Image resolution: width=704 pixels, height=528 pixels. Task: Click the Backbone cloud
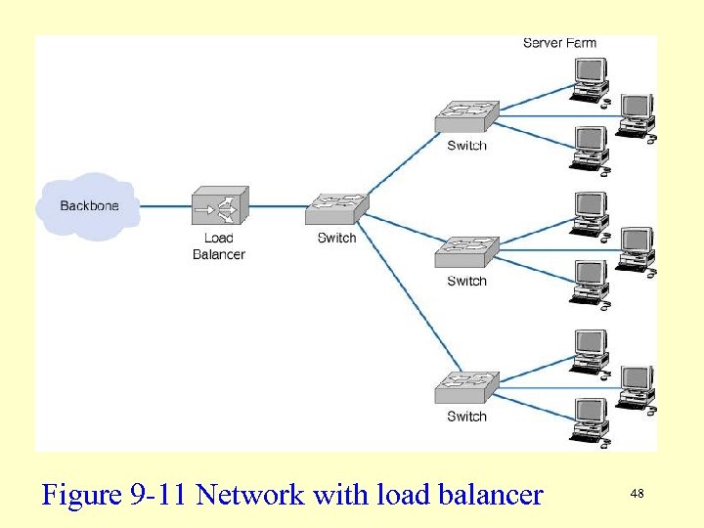88,205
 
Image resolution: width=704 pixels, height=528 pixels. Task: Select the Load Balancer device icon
219,206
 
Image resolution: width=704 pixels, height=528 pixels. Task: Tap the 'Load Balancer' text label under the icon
219,246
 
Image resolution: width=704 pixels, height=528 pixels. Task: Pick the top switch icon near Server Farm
465,116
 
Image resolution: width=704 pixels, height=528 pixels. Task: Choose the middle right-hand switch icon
465,252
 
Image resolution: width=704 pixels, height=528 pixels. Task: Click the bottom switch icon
465,387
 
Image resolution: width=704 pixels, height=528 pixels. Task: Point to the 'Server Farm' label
559,42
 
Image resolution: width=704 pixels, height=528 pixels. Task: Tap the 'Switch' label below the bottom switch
466,417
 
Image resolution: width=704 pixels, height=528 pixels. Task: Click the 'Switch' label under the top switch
466,146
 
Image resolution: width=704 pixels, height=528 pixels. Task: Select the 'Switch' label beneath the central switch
336,238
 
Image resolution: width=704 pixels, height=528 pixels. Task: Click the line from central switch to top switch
401,161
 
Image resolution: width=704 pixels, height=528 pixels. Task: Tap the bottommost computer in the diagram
590,420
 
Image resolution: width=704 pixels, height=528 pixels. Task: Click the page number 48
637,495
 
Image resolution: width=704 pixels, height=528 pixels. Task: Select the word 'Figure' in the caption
82,496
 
